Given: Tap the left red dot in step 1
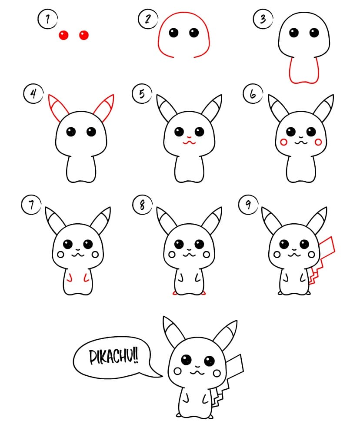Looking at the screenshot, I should tap(64, 35).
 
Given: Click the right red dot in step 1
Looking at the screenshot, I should tap(84, 35).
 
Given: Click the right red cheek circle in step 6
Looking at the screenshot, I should tap(318, 141).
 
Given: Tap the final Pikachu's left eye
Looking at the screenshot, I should tap(187, 360).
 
